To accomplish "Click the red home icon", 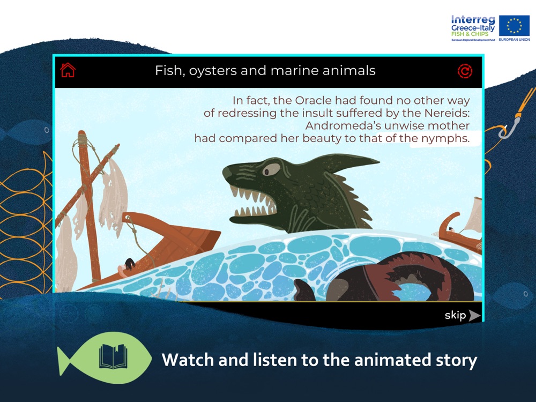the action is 68,70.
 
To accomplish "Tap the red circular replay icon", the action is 465,71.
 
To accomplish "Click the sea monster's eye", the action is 271,169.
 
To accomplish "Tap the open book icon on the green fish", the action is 113,356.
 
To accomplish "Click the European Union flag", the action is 514,26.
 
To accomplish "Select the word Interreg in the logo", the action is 473,20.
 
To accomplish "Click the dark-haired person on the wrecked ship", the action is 127,265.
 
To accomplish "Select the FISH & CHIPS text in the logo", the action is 470,34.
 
